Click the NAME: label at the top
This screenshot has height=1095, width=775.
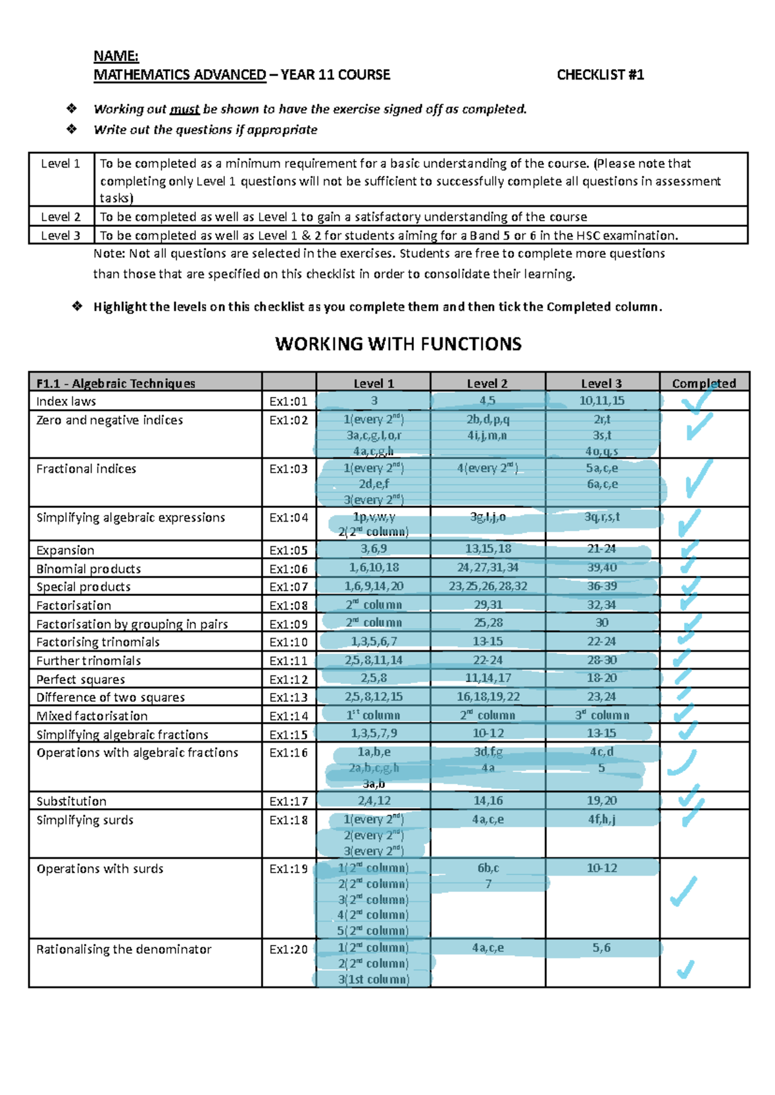point(116,56)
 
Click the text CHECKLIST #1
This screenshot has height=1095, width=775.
point(600,75)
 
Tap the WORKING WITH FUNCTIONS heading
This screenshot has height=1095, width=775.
point(398,344)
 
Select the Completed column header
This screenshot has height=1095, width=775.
point(703,383)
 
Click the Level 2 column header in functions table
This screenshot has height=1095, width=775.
point(487,383)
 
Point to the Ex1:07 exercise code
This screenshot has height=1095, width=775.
point(288,587)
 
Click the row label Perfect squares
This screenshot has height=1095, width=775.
point(81,679)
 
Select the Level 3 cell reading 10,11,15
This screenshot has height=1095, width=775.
point(601,401)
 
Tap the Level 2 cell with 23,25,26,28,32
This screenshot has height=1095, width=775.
point(488,586)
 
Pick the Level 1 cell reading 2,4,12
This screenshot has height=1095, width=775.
point(374,801)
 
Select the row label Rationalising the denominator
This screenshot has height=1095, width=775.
point(123,950)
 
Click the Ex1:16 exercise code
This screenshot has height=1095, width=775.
point(288,753)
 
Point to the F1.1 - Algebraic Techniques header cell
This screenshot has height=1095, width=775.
point(116,383)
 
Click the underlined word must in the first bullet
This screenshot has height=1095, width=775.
point(184,109)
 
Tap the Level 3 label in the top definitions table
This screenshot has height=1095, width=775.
point(61,235)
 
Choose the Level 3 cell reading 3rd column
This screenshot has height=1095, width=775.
point(601,716)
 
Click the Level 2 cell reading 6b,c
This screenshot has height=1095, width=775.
point(488,868)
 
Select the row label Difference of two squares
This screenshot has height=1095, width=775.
point(110,697)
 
